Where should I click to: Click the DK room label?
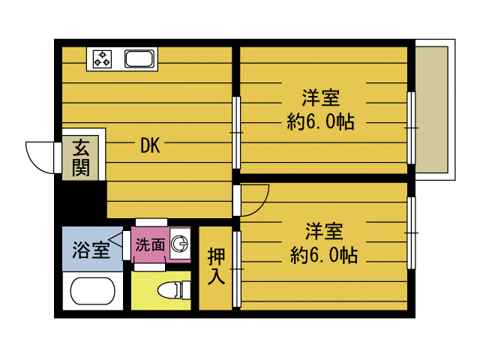click(x=150, y=146)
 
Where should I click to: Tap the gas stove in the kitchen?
click(x=101, y=58)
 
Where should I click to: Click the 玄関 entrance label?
click(x=80, y=157)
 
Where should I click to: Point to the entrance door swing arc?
click(x=39, y=156)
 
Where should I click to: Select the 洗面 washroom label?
click(x=150, y=244)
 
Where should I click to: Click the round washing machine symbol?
click(x=180, y=244)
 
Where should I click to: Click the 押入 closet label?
click(x=216, y=265)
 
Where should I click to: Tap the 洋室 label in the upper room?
click(x=321, y=98)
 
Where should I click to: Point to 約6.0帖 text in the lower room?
click(x=323, y=256)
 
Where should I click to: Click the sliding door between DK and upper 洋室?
click(x=235, y=135)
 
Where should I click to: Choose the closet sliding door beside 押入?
click(x=237, y=270)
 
